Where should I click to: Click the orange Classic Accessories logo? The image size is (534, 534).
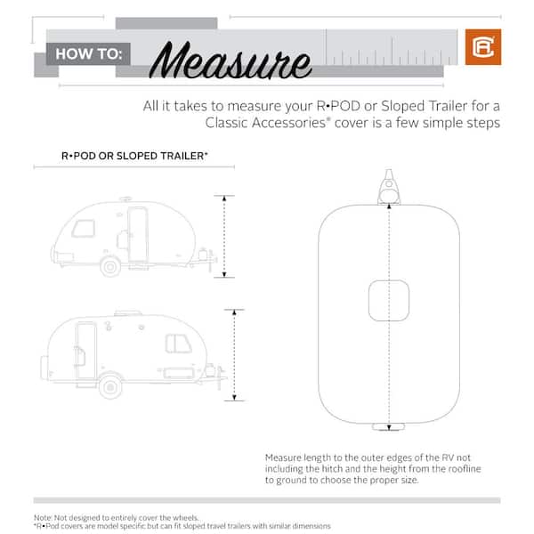point(483,47)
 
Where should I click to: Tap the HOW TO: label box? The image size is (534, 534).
point(88,53)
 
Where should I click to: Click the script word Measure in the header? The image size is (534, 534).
point(231,61)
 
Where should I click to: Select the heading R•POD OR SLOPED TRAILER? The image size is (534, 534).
point(134,156)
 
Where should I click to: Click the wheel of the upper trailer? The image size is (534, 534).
point(110,267)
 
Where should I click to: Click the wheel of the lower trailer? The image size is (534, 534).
point(110,386)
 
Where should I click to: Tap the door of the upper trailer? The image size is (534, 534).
point(138,235)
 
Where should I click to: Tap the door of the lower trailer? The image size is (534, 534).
point(85,350)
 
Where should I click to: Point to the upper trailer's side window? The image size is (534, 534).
point(83,229)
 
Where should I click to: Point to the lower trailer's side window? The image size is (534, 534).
point(178,344)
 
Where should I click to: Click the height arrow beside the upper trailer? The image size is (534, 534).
point(224,237)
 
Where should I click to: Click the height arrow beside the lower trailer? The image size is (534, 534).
point(234,355)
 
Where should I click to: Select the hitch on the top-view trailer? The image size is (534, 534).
point(389,187)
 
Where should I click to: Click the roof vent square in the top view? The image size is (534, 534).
point(389,301)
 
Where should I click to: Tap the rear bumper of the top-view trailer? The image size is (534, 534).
point(389,426)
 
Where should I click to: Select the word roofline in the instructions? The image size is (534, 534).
point(465,469)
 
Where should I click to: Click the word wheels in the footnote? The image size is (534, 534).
point(186,518)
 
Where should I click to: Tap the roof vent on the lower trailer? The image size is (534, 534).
point(128,313)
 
